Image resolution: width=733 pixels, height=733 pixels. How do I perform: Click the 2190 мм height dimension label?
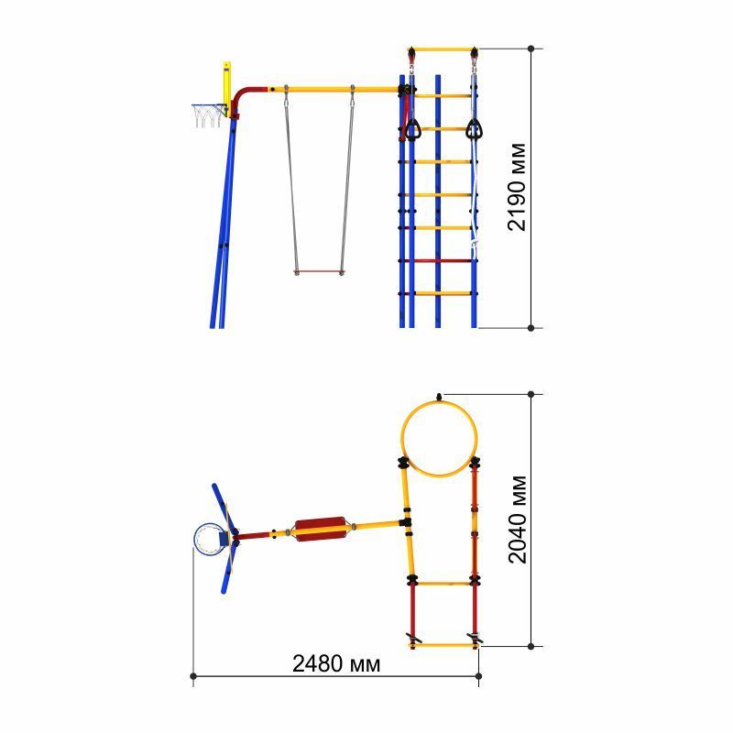[x=517, y=187]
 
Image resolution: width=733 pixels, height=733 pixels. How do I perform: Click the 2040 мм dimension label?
[x=517, y=520]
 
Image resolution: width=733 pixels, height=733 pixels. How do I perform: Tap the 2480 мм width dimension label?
[x=336, y=663]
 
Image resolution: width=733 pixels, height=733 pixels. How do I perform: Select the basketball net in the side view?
[x=208, y=116]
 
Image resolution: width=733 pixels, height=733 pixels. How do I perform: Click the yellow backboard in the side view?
[x=226, y=89]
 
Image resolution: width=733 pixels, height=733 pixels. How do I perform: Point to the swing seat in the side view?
[x=319, y=271]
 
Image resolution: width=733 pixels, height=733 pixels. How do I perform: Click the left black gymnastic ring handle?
[x=411, y=129]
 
